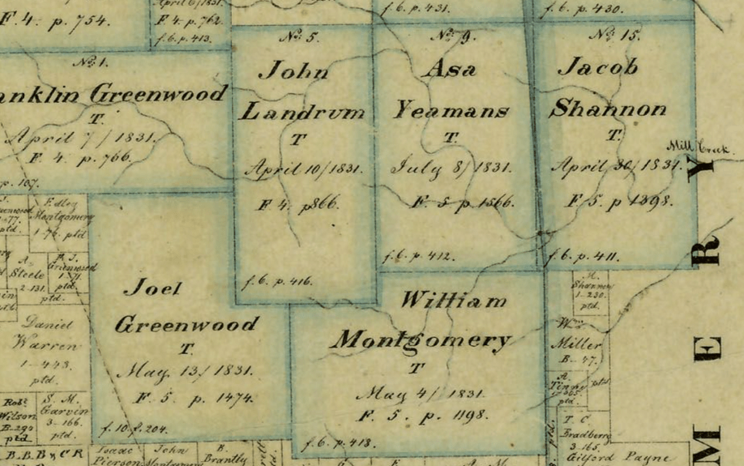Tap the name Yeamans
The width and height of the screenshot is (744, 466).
pyautogui.click(x=451, y=111)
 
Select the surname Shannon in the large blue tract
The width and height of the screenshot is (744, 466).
pyautogui.click(x=607, y=109)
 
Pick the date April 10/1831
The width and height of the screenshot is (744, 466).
pyautogui.click(x=303, y=169)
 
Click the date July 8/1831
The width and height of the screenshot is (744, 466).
pyautogui.click(x=451, y=169)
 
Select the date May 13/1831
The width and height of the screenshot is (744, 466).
pyautogui.click(x=185, y=372)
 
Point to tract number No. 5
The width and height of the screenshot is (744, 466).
pyautogui.click(x=299, y=36)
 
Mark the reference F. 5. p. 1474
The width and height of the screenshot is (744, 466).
pyautogui.click(x=195, y=397)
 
